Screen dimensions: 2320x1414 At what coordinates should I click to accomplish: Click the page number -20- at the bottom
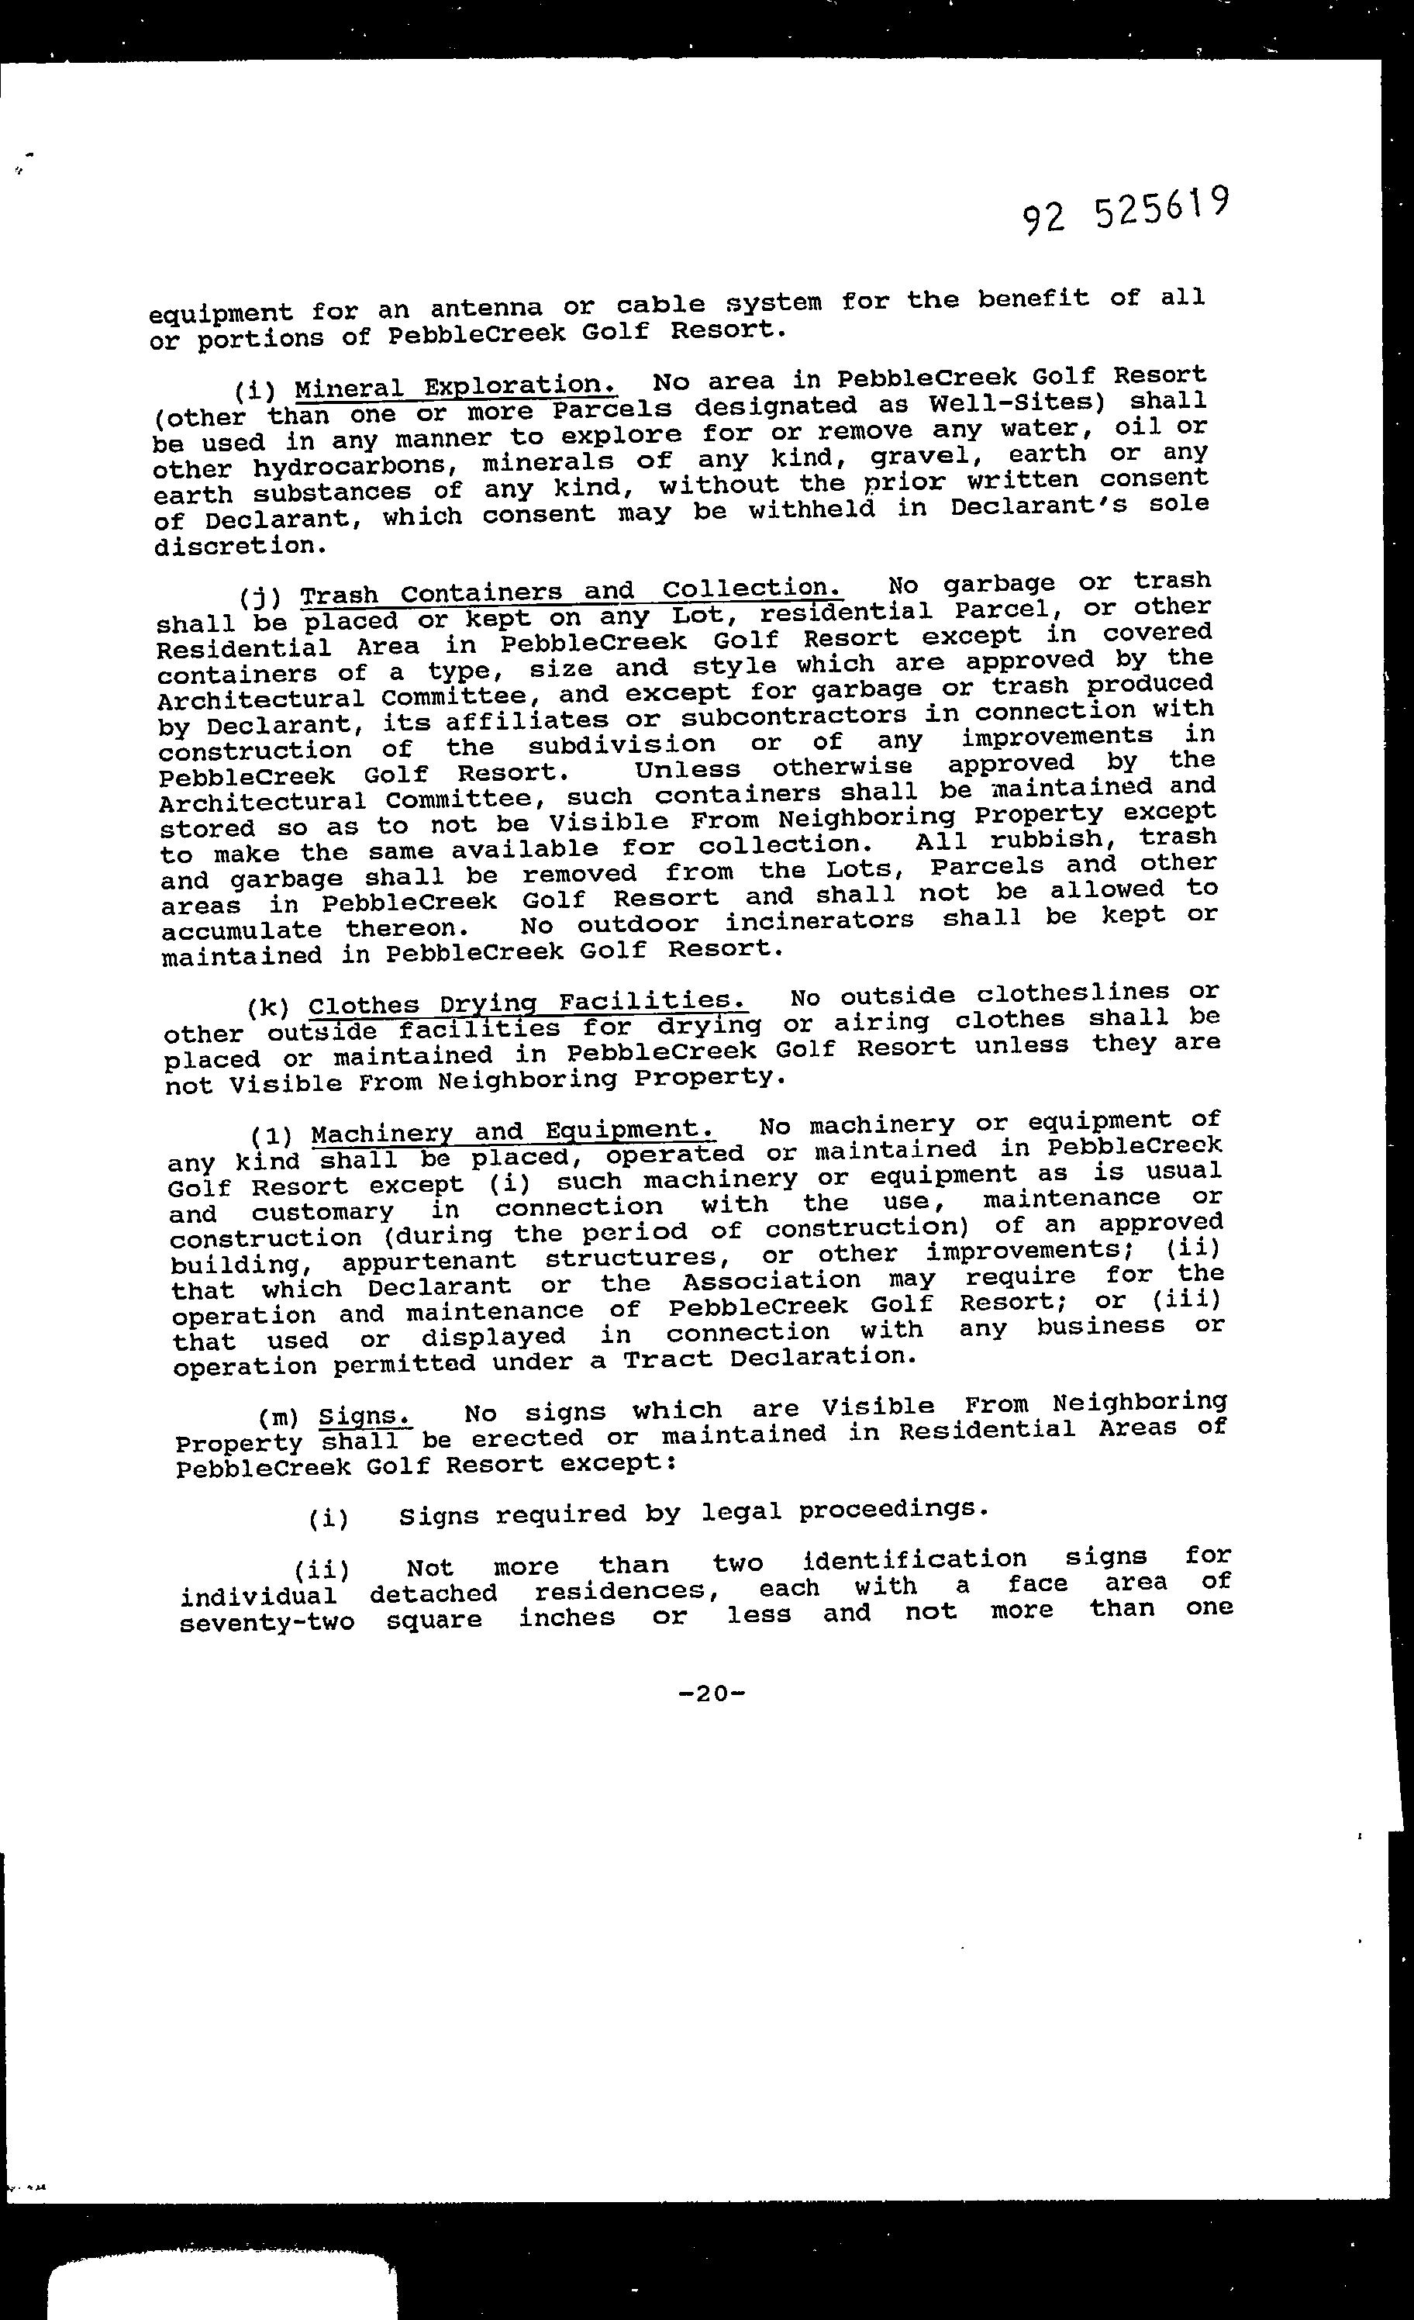712,1693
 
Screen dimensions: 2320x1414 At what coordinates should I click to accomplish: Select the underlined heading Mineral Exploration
456,386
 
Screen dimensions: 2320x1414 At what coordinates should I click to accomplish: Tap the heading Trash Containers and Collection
571,592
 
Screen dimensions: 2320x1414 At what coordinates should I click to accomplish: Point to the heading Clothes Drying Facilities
528,1002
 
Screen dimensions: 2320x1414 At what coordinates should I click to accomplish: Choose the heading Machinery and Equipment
512,1131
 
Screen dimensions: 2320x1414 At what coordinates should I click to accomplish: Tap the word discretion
241,545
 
